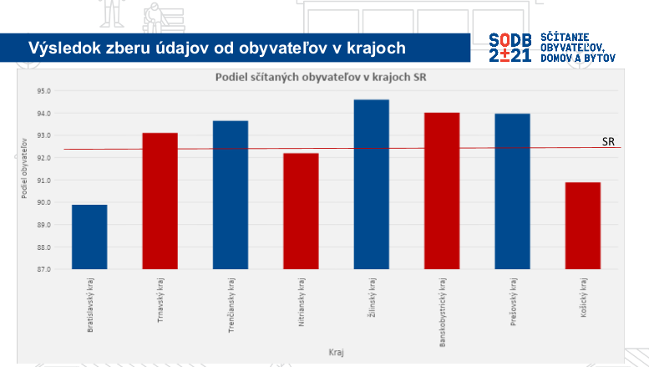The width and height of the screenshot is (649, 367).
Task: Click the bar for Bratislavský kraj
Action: pos(89,237)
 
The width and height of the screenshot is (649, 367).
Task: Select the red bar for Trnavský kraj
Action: pos(160,201)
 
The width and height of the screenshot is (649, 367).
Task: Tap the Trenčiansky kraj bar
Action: pos(230,196)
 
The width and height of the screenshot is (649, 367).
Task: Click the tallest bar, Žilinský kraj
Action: pos(371,185)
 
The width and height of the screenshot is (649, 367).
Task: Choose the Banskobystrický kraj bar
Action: pos(442,191)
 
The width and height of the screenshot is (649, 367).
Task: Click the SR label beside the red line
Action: pos(609,142)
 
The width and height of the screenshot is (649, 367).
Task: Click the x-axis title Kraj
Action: pos(335,353)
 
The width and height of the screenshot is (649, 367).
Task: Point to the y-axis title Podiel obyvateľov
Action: pos(26,171)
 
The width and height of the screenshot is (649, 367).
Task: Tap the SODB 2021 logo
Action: pos(509,48)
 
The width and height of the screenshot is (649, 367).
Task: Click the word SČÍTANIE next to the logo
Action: pos(565,38)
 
